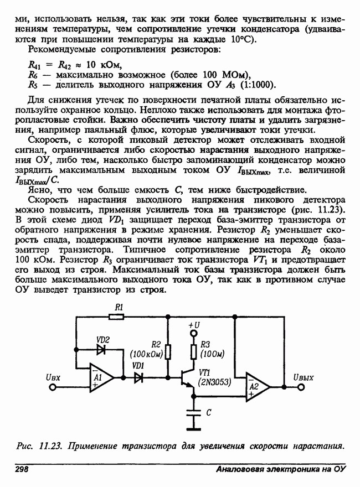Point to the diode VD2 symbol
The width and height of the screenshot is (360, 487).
point(102,349)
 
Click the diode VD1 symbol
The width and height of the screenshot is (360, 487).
point(138,377)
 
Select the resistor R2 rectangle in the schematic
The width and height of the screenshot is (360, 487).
point(167,350)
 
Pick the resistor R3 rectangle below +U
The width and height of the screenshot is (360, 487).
point(193,351)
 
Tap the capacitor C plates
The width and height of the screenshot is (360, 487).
point(193,412)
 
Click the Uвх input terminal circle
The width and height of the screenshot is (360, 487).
point(53,387)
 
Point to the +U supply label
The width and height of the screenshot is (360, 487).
point(193,325)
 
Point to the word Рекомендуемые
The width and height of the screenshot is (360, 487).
point(61,50)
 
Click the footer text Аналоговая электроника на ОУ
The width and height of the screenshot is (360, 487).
point(280,469)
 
